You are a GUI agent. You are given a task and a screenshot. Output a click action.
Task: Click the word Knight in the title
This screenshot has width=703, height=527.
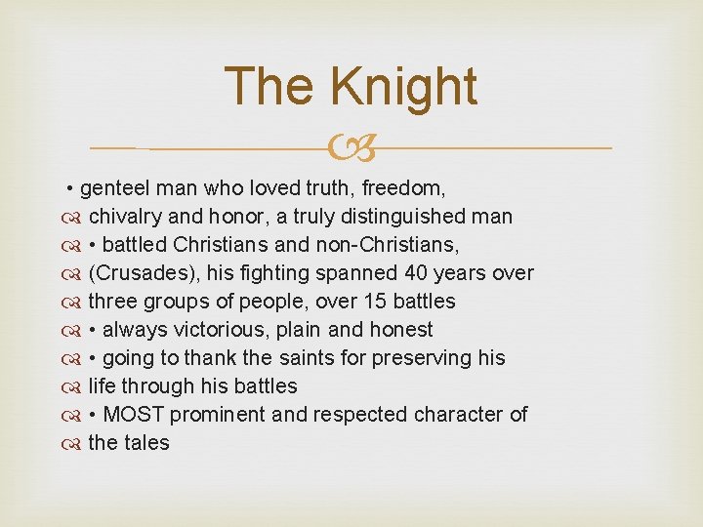coord(403,86)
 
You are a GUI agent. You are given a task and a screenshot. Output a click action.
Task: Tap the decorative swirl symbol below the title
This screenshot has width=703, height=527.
coord(351,149)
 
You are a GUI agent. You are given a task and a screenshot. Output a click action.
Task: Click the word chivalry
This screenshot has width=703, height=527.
coord(125,217)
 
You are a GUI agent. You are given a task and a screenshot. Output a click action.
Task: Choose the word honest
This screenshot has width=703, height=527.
coord(398,330)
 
